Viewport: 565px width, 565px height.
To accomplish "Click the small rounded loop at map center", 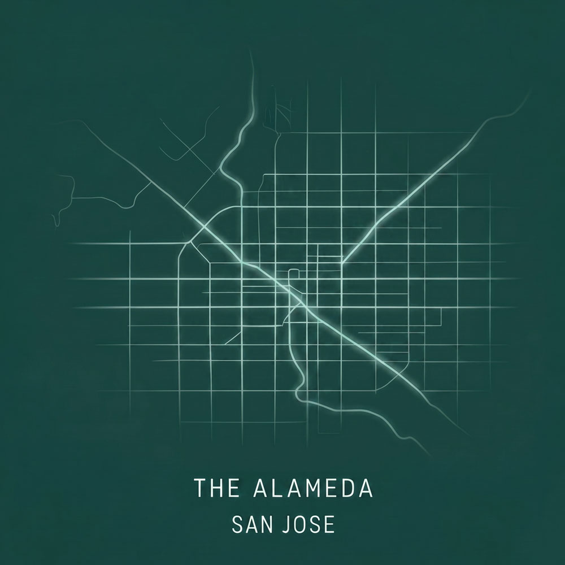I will coord(293,274).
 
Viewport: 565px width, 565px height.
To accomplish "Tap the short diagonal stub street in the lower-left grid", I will coord(233,337).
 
